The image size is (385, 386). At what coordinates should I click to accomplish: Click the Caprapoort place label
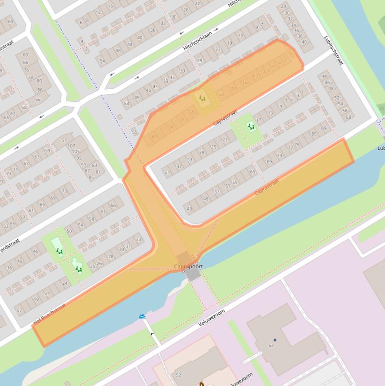pos(188,266)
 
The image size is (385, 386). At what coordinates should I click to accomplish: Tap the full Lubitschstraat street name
pos(333,50)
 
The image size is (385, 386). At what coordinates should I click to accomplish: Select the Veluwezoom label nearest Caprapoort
pos(211,317)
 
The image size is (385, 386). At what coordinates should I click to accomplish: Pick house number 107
pos(71,146)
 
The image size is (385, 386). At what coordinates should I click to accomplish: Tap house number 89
pos(323,128)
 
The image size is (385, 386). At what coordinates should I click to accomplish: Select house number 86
pos(40,90)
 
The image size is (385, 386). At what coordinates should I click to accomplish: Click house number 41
pos(168,173)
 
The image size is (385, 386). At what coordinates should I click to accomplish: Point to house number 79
pos(297,145)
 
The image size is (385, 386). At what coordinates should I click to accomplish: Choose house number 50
pos(69,231)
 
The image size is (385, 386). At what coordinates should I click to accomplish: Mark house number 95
pos(79,158)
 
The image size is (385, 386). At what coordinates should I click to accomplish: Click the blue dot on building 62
pos(275,340)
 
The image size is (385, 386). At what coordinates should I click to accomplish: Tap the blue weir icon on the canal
pos(143,317)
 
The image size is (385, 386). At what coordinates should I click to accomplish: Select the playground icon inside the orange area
pos(202,98)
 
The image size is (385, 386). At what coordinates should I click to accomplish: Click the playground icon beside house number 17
pos(251,127)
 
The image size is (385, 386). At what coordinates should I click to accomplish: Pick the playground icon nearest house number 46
pos(59,251)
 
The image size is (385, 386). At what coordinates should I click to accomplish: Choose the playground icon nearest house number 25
pos(79,269)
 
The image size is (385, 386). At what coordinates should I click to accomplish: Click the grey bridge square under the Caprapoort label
pos(193,275)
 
